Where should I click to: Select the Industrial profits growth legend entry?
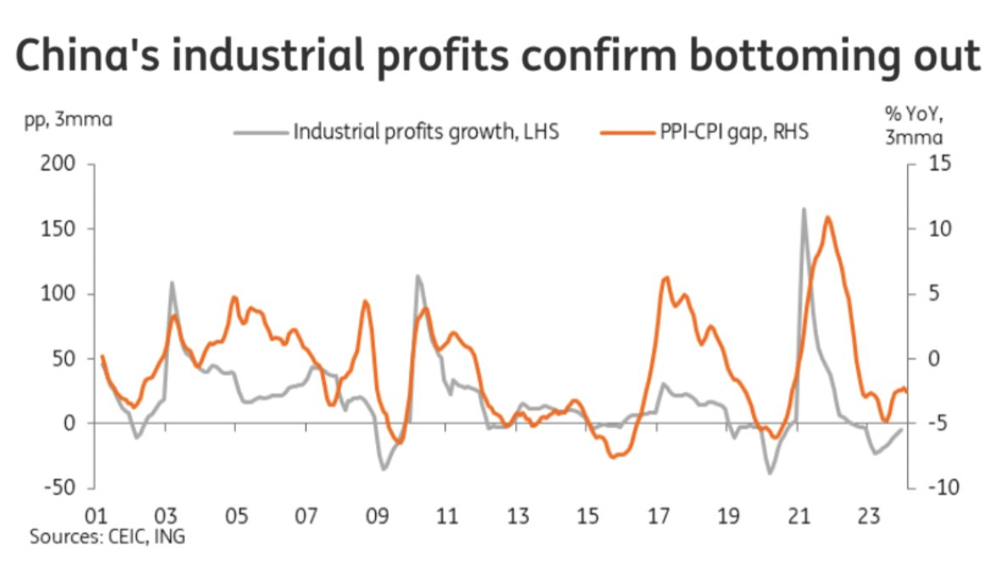click(425, 132)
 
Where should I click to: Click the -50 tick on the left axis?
click(56, 488)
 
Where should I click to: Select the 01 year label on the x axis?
click(95, 515)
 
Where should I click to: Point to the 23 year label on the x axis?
click(868, 515)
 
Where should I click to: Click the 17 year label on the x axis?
click(657, 515)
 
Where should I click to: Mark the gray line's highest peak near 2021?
click(803, 209)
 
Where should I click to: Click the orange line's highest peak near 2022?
click(827, 218)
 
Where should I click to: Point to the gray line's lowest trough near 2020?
click(771, 473)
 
